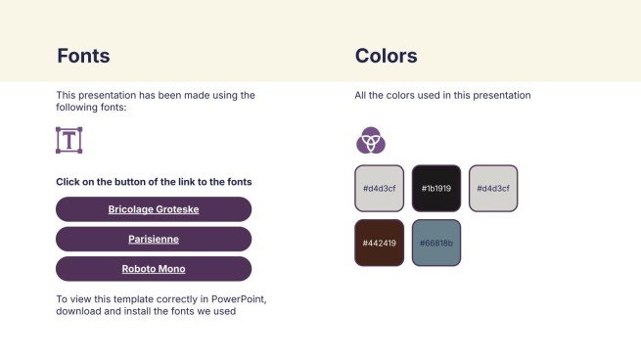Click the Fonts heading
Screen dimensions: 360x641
point(83,56)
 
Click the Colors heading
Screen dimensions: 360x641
point(386,56)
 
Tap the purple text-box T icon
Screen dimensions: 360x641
point(69,140)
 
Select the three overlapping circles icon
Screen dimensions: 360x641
point(370,141)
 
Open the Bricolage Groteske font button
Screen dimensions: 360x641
point(154,209)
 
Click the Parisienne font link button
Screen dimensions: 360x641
point(154,239)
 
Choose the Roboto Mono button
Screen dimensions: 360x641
point(154,269)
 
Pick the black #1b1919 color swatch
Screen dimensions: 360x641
point(435,188)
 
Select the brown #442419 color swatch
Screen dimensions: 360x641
point(379,243)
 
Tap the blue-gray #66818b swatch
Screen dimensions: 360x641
point(435,243)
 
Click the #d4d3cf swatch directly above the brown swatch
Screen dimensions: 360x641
point(379,188)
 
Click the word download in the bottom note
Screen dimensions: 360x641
point(78,312)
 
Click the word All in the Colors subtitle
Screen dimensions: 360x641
point(360,96)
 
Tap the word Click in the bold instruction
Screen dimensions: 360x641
point(68,182)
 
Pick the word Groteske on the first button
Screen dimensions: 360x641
point(172,209)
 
